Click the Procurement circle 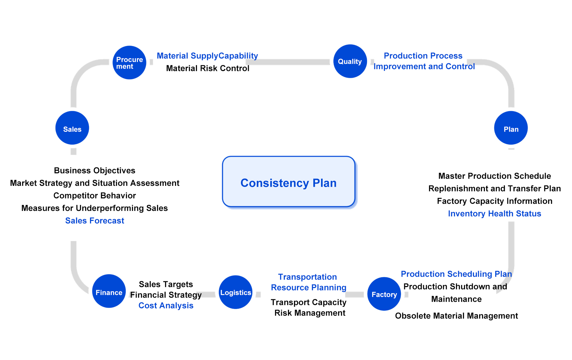130,63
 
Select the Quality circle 350,61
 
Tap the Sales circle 72,128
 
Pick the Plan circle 511,128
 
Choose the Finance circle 109,291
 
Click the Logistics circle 236,292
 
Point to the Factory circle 384,294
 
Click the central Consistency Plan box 289,182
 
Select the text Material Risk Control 208,68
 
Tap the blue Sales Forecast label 95,221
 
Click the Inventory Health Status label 495,214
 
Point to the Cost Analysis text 166,306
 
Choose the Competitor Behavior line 95,196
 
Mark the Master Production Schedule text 495,176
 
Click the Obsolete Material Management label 457,316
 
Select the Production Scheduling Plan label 456,274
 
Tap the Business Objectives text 95,171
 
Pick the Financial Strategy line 166,295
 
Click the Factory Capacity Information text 495,201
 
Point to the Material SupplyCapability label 207,56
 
